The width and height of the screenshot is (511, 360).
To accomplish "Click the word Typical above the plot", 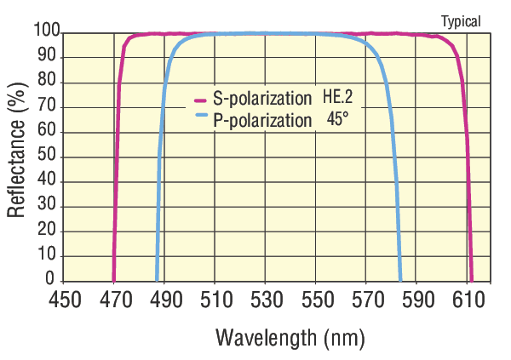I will tap(461, 21).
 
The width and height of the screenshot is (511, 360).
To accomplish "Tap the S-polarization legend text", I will tap(262, 99).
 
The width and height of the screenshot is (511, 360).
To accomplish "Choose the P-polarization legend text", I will tap(262, 120).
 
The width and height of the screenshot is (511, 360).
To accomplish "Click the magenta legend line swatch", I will tap(201, 99).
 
